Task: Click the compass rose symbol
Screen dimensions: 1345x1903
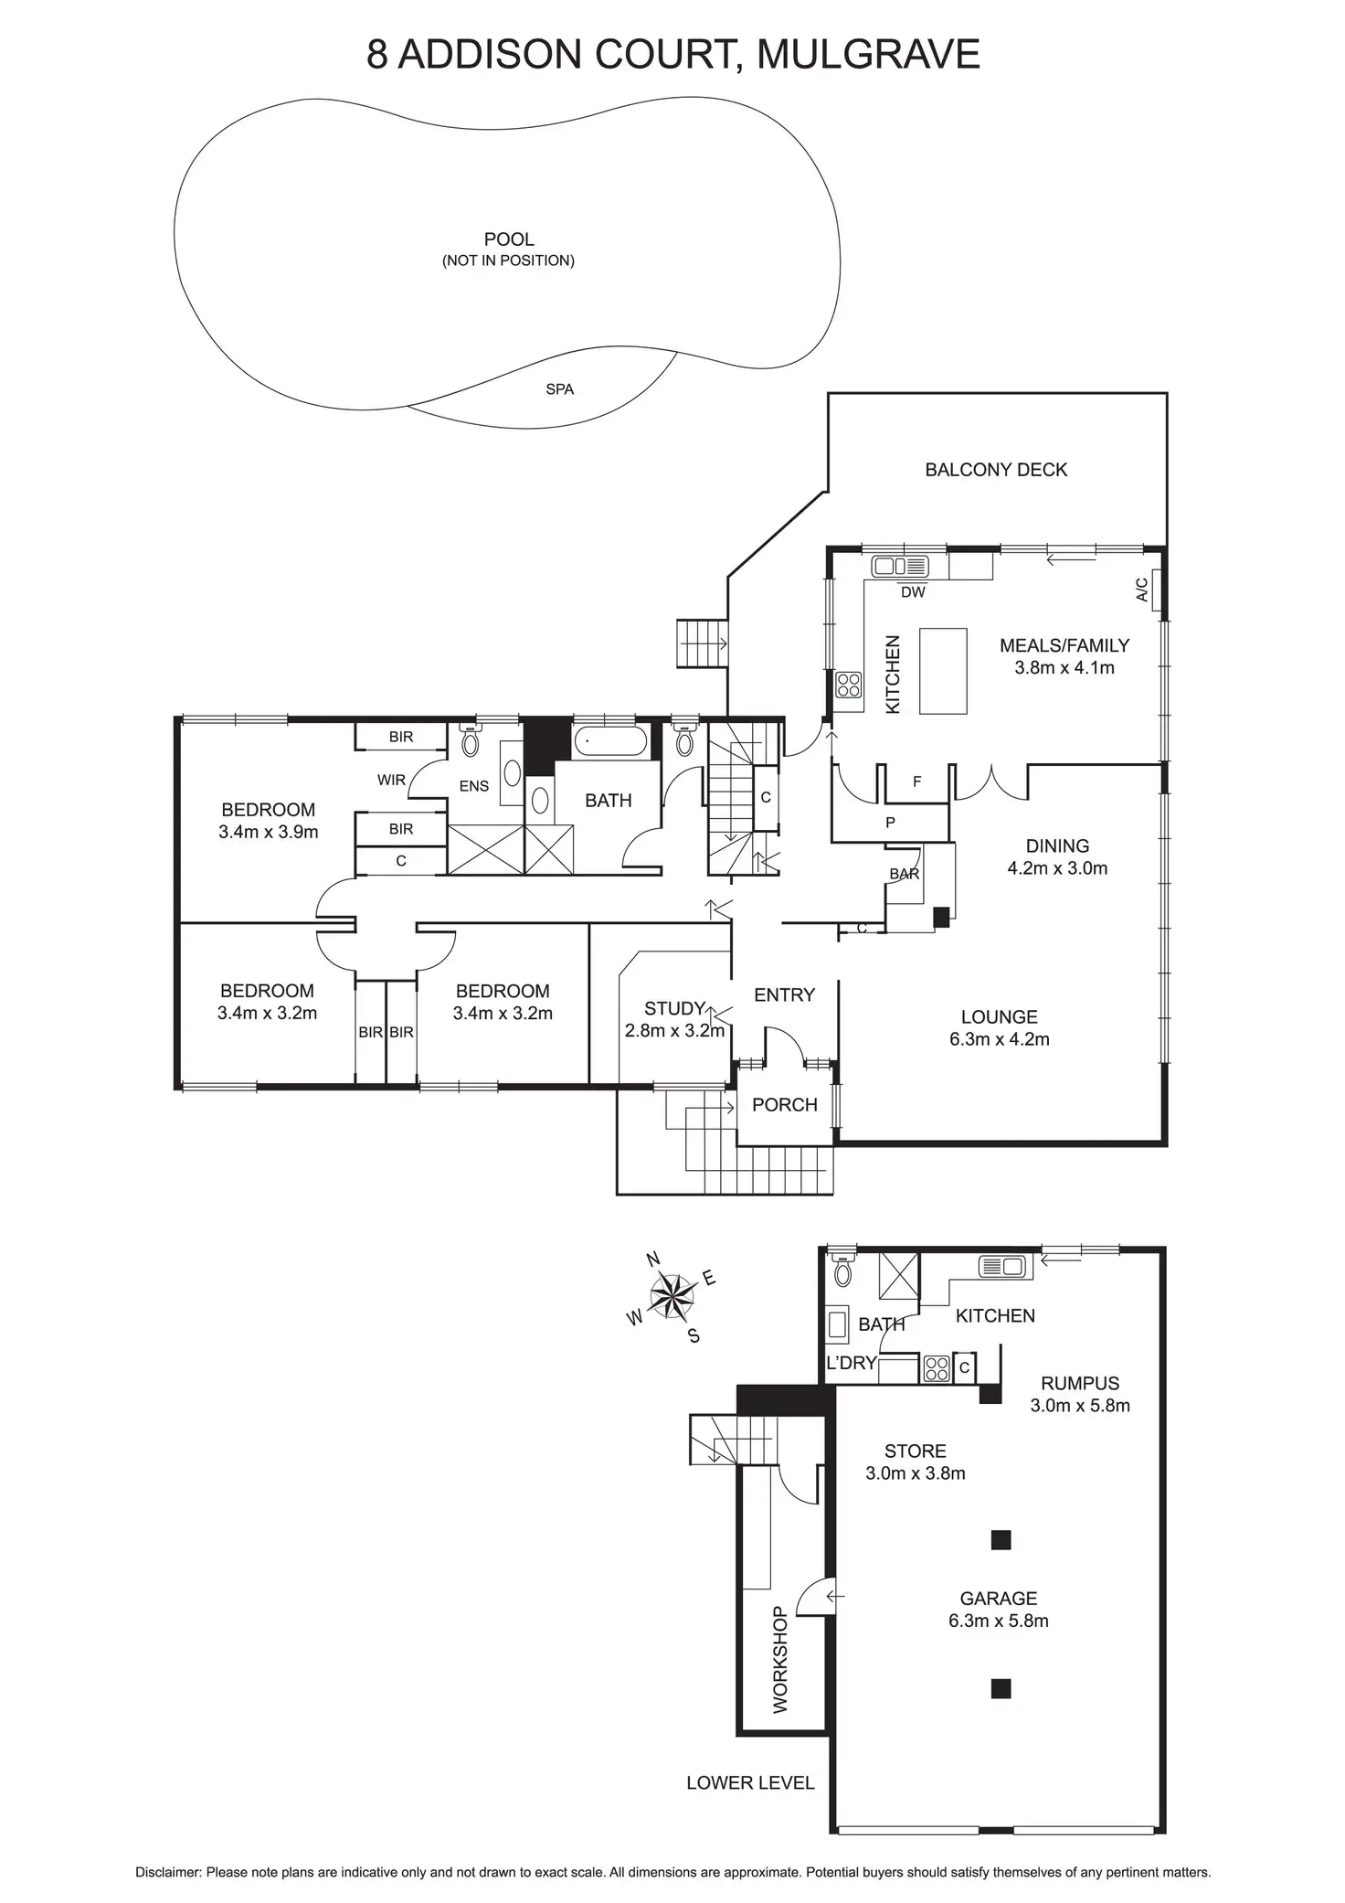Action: coord(672,1296)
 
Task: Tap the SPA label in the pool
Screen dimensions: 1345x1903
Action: coord(559,389)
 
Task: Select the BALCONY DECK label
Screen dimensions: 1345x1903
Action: coord(996,470)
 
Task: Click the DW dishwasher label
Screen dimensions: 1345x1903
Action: coord(913,592)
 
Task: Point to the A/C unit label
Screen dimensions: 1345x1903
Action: coord(1141,590)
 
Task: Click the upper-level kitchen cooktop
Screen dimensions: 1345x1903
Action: coord(848,685)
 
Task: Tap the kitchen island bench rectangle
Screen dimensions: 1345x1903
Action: coord(943,670)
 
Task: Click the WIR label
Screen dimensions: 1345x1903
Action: coord(391,781)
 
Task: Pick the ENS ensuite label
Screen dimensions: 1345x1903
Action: coord(474,786)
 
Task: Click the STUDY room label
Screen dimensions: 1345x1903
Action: coord(674,1009)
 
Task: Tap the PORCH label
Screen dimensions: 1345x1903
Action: coord(784,1105)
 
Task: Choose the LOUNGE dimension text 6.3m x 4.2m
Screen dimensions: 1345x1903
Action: coord(1000,1039)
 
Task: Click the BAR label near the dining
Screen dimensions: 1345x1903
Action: coord(905,874)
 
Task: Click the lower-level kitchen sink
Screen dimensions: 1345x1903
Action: coord(1003,1267)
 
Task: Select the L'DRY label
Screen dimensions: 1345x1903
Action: coord(852,1363)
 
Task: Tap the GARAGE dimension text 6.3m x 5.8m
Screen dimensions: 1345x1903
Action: coord(999,1621)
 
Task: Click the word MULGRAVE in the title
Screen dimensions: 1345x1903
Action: coord(869,55)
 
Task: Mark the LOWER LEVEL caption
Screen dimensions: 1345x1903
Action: coord(750,1782)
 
